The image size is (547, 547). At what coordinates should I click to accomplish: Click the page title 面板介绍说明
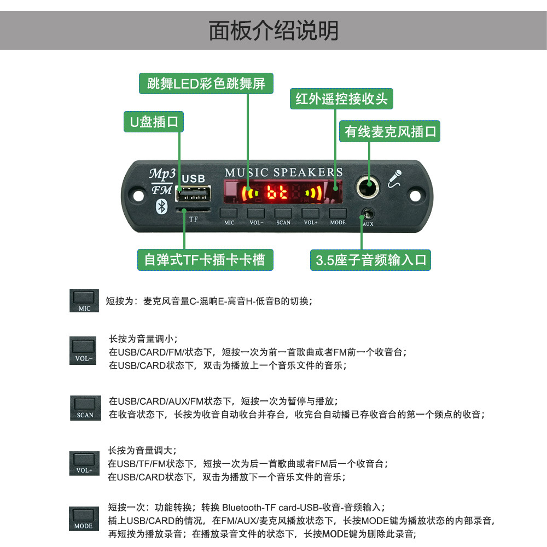[273, 31]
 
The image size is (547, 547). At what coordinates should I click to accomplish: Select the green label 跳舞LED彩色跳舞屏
[206, 84]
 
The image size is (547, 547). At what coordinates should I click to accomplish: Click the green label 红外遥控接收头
[341, 98]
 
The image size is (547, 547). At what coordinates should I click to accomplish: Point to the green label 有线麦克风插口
[390, 132]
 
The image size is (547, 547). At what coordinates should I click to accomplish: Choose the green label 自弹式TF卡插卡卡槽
[205, 259]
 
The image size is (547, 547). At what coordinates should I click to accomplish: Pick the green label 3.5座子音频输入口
[370, 260]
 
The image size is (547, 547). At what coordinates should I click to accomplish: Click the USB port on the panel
[193, 195]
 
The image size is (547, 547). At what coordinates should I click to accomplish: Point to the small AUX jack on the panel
[367, 214]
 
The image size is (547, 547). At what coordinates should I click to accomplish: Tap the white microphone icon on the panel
[395, 179]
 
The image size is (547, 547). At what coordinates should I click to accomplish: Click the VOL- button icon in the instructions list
[84, 350]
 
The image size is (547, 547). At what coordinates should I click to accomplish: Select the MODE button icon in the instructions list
[84, 518]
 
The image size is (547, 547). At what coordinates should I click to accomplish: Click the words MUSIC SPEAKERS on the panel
[283, 172]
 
